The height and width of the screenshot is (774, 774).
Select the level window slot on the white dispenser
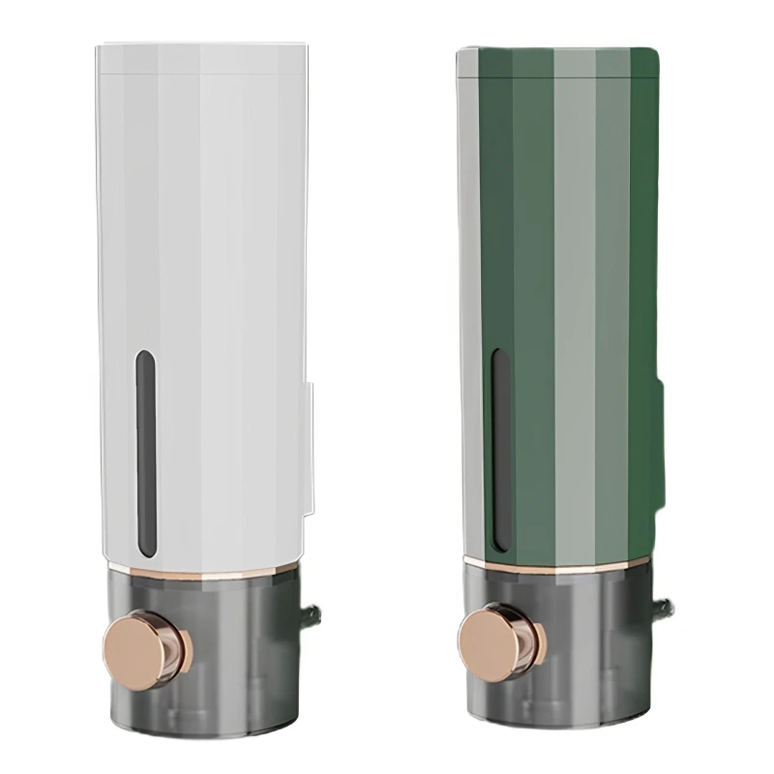[x=146, y=453]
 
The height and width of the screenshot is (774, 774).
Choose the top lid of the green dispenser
[x=556, y=60]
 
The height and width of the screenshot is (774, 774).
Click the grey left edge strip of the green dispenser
[x=468, y=290]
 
